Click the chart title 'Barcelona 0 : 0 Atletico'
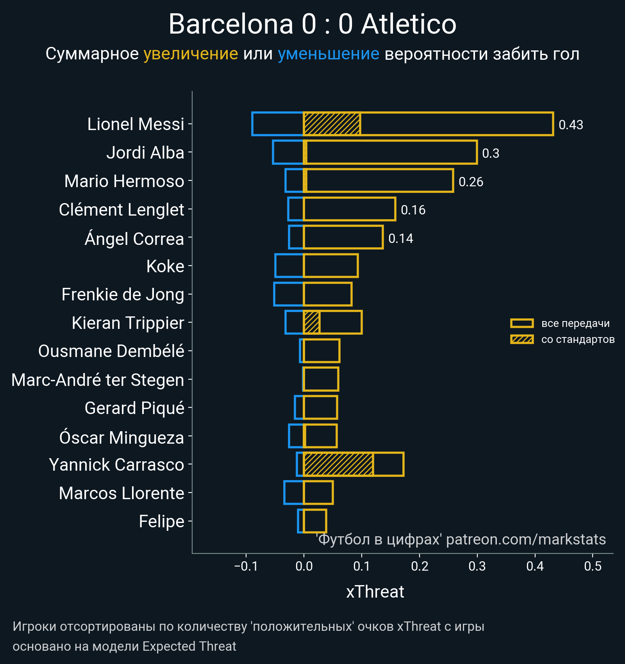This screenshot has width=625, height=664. click(312, 24)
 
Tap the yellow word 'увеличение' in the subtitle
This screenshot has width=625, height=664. click(191, 54)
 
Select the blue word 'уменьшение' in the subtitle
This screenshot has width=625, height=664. click(328, 54)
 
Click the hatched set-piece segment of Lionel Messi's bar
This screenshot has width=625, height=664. click(332, 124)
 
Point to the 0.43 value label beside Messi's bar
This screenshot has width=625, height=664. click(571, 125)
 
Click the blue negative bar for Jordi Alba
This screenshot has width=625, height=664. click(288, 152)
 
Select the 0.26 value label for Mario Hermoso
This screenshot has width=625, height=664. click(471, 182)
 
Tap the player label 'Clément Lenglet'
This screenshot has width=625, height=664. click(121, 210)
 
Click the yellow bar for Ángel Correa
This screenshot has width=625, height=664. click(343, 237)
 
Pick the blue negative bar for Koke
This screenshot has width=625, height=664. click(289, 266)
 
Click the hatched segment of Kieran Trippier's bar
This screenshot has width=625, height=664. click(312, 323)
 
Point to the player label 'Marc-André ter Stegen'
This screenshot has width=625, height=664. click(98, 380)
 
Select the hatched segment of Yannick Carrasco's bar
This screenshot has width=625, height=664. click(338, 464)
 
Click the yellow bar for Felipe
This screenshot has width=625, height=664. click(315, 521)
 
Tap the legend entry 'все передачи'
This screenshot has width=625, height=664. click(575, 323)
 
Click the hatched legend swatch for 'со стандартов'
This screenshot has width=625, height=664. click(522, 339)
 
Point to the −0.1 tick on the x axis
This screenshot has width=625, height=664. click(246, 566)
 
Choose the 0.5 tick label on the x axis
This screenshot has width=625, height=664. click(593, 566)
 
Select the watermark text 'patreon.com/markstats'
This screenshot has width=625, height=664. click(526, 539)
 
